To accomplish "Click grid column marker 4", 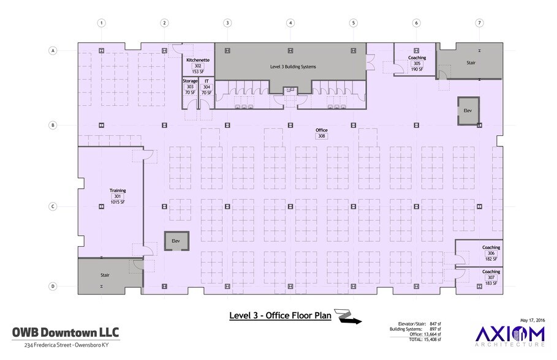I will tap(290, 23).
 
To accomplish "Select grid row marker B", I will tap(53, 126).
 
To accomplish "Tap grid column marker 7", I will tap(479, 23).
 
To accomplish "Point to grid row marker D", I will tap(53, 286).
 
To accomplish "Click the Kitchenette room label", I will tap(198, 60).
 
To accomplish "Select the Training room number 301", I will tap(117, 197).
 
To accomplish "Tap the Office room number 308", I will tap(321, 136).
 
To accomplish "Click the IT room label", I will tap(207, 81).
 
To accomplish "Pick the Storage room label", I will tap(190, 81).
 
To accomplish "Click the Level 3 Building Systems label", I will tap(293, 66).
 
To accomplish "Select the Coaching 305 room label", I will tap(417, 58).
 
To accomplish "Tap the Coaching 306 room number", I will tap(491, 253).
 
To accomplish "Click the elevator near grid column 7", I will tap(468, 110).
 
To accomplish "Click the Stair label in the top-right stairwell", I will tap(471, 62).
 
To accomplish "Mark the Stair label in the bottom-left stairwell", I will tap(105, 276).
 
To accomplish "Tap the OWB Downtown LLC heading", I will tap(66, 332).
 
